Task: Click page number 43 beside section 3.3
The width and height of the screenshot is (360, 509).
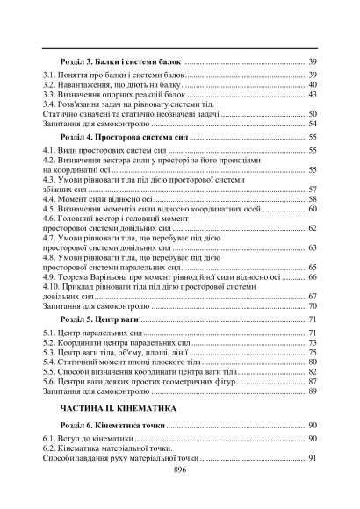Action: click(313, 95)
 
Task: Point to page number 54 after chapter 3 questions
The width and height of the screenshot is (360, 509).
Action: click(313, 125)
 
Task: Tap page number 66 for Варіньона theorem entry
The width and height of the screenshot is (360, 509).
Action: click(313, 276)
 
